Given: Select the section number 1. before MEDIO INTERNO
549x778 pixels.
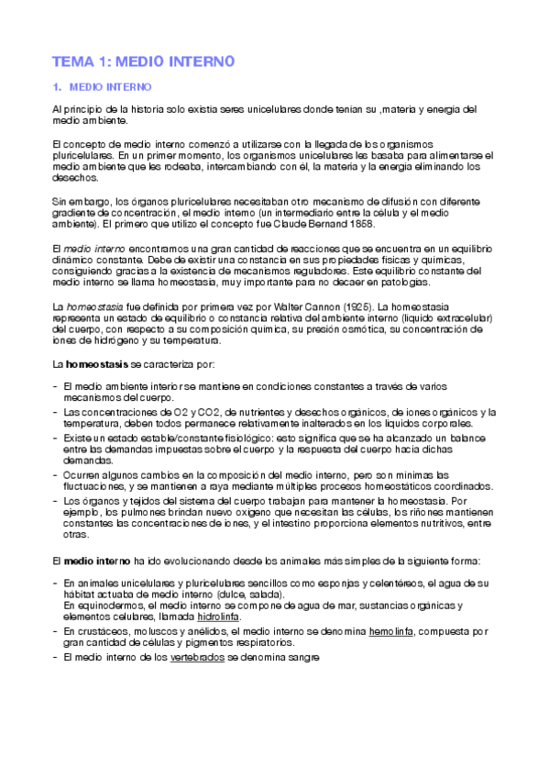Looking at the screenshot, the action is (57, 88).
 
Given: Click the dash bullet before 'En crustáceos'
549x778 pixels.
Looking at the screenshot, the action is (54, 631).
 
